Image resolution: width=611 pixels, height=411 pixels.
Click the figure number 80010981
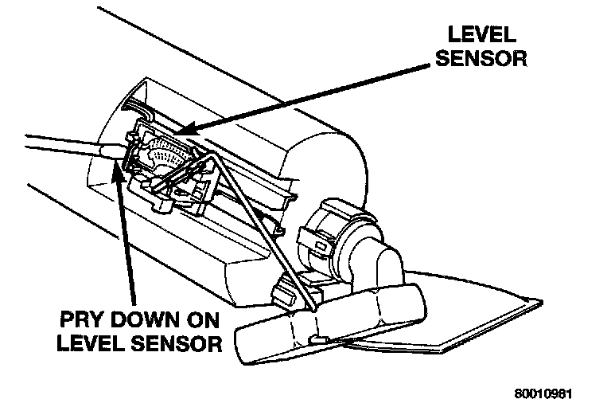tap(543, 393)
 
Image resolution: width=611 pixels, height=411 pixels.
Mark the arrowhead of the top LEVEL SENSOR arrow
tap(184, 128)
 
